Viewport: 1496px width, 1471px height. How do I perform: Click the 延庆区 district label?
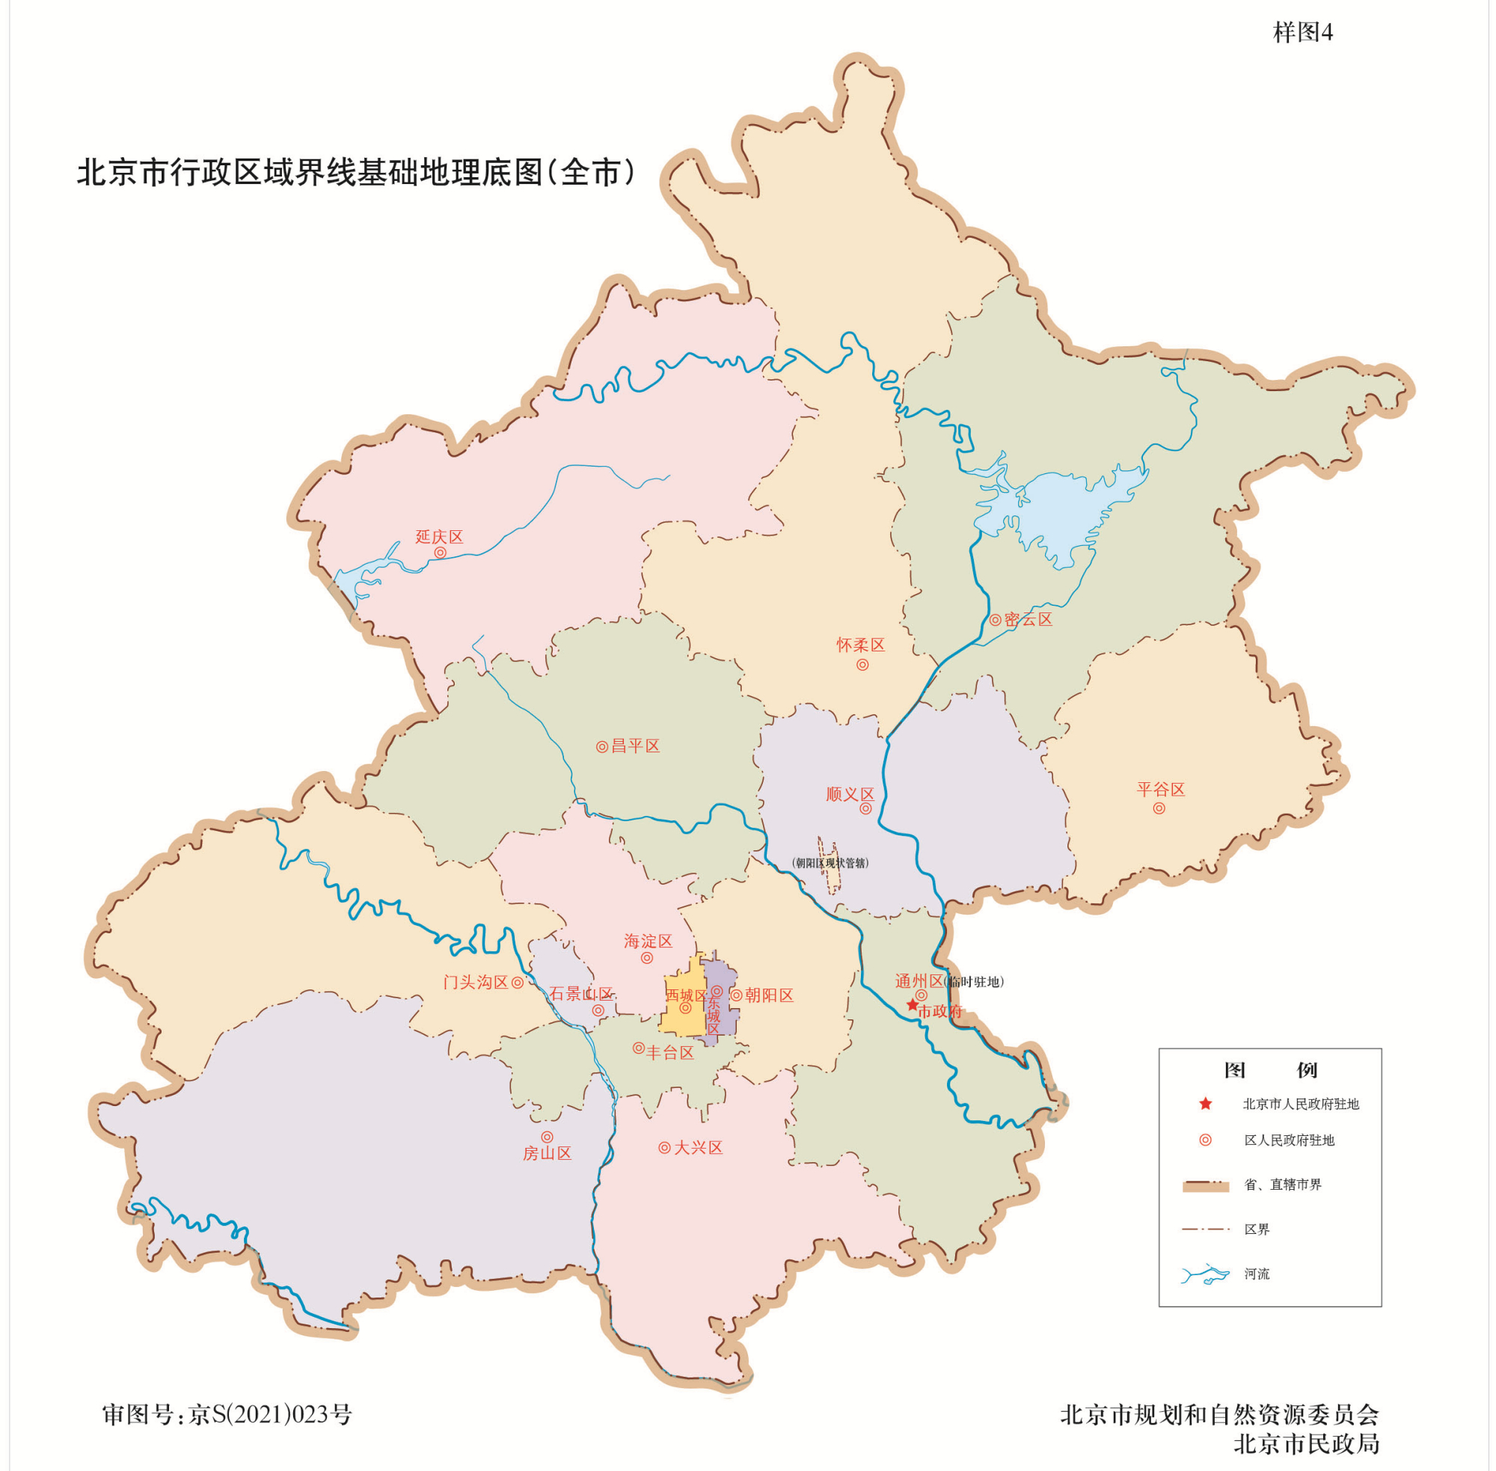pos(439,537)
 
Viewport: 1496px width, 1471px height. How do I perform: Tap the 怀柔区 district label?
pos(860,645)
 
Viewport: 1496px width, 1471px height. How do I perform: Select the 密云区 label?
pos(1028,620)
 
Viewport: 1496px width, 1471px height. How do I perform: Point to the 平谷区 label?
pos(1161,790)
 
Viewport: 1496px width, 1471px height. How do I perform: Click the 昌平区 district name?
pos(635,746)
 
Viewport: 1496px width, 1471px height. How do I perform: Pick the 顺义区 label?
pos(850,794)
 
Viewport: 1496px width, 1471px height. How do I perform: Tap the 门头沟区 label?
pos(475,982)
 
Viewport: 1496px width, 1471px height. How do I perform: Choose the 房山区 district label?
pos(547,1153)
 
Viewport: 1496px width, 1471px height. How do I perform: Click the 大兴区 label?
pos(698,1148)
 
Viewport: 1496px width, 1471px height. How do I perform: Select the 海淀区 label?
pos(649,941)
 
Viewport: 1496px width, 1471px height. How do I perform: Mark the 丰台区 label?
pos(670,1052)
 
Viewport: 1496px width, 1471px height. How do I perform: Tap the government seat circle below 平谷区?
pos(1159,808)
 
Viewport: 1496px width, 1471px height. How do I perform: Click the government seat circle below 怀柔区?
pos(862,664)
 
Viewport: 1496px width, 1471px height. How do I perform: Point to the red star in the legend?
pos(1206,1104)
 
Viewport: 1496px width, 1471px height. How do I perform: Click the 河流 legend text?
pos(1257,1274)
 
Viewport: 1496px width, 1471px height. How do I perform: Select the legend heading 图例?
pos(1270,1070)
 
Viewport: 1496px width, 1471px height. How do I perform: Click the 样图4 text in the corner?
pos(1303,32)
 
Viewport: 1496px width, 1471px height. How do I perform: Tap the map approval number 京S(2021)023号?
pos(271,1415)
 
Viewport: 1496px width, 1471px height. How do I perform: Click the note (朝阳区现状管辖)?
pos(831,863)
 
